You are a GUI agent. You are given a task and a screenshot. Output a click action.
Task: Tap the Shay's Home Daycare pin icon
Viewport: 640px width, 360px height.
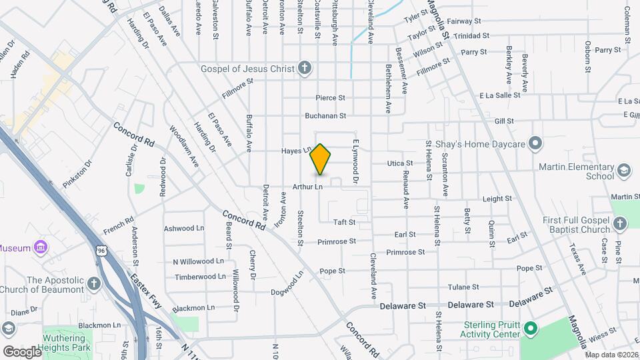click(535, 143)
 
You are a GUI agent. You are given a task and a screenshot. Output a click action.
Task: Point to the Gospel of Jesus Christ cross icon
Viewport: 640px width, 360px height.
click(305, 68)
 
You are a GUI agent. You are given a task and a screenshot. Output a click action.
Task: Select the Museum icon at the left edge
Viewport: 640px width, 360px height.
click(41, 248)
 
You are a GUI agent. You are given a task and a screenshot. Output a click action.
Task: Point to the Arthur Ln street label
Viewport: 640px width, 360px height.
click(307, 187)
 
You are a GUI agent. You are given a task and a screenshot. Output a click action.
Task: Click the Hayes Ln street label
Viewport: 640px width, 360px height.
click(296, 151)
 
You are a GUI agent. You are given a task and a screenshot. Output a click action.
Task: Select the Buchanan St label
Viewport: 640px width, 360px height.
click(325, 115)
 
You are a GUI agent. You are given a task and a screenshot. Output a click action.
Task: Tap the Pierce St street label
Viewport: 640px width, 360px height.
click(330, 98)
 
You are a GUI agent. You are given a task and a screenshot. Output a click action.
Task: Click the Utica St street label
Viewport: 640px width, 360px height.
click(400, 163)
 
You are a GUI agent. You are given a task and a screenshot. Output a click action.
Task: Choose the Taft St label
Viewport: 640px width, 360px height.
click(344, 222)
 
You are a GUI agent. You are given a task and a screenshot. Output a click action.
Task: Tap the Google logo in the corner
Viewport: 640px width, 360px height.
click(22, 351)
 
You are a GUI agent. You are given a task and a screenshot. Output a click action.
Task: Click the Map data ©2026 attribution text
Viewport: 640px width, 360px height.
click(611, 355)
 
